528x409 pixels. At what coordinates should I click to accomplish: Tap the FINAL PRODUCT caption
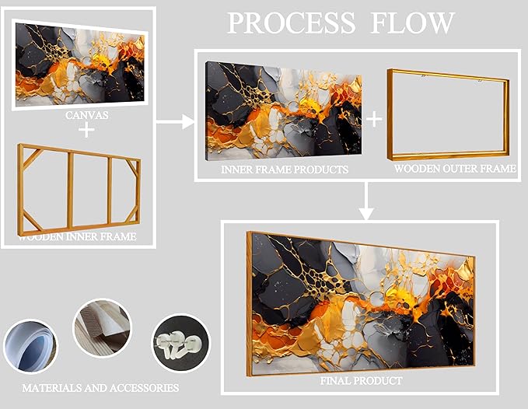point(362,381)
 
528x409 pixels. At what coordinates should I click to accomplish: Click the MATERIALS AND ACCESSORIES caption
point(100,387)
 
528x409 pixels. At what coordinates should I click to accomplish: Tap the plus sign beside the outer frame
point(374,118)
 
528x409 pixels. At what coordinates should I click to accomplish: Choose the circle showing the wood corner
point(102,328)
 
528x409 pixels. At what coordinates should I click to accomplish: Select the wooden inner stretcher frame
point(79,188)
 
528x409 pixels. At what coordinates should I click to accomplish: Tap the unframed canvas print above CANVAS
point(79,63)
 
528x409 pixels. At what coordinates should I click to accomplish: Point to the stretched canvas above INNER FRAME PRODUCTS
point(281,110)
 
